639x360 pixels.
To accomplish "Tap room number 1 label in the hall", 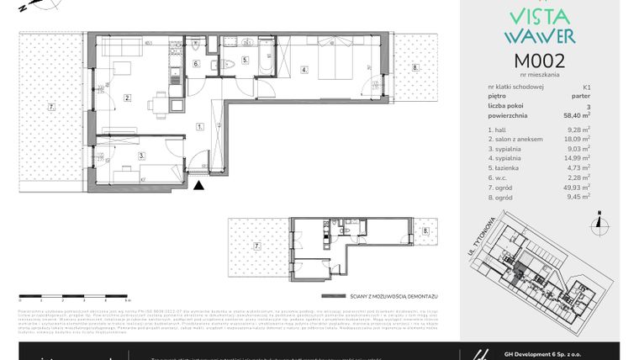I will click(x=199, y=126).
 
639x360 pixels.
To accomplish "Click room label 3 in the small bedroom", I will click(x=142, y=156).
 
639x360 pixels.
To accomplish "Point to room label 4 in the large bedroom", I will click(x=305, y=70).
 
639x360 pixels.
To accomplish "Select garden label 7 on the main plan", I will click(x=51, y=107).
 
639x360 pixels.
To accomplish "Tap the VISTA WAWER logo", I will click(x=539, y=25).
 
